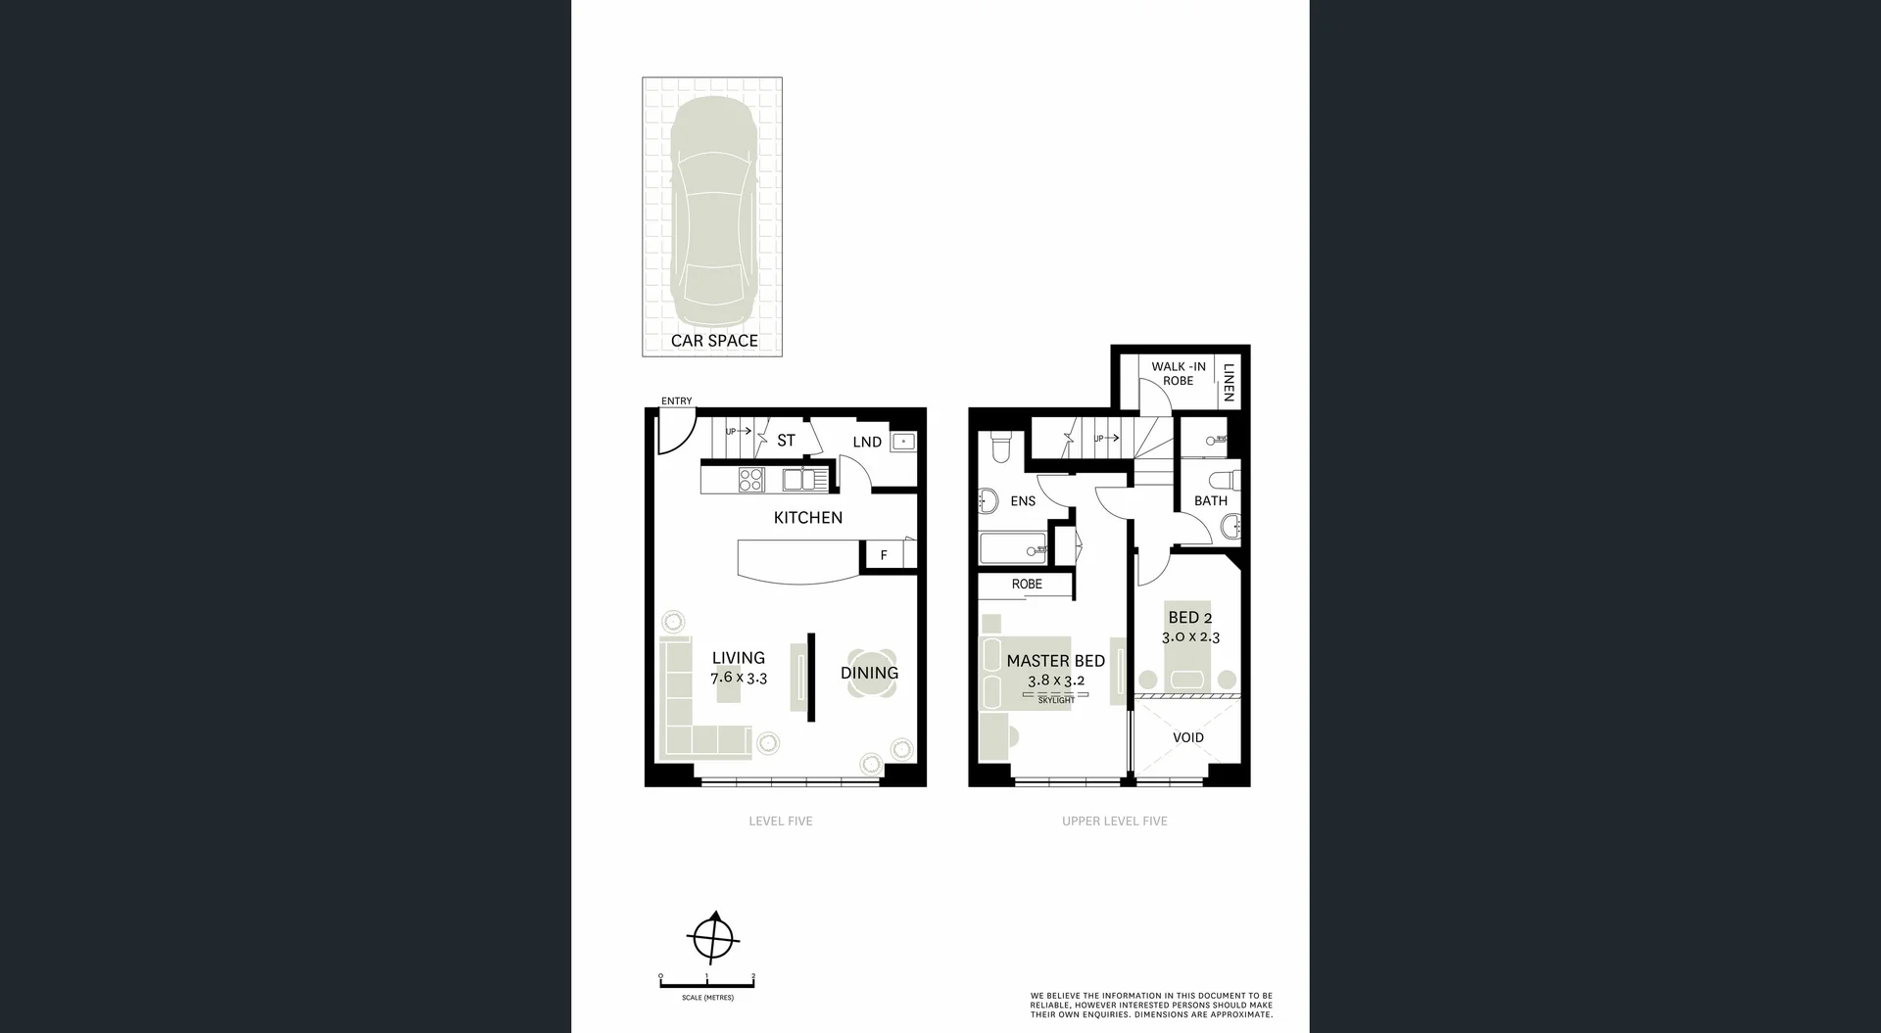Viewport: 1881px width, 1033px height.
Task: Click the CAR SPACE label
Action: (714, 341)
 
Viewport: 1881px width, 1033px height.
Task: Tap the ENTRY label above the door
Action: (676, 401)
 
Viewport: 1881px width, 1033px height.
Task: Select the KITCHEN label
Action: (807, 517)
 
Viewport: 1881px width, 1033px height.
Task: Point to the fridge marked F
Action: (884, 555)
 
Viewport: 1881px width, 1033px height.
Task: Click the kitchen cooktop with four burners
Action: (751, 480)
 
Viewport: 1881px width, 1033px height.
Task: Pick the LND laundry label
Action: (867, 442)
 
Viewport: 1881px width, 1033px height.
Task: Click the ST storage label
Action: (786, 441)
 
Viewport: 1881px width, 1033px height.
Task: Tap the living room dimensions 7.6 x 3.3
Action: (739, 678)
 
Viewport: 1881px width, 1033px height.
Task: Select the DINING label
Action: (869, 673)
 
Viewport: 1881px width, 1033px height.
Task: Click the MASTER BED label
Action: (1055, 661)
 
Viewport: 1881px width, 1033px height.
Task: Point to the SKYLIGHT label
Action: (1056, 700)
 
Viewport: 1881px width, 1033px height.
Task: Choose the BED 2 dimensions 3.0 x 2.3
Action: (1190, 637)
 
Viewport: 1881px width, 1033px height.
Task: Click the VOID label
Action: (1187, 737)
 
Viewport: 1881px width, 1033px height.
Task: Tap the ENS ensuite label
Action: (1023, 501)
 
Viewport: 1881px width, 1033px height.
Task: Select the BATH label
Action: (1211, 500)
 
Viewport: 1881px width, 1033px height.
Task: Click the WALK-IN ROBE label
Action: (1179, 373)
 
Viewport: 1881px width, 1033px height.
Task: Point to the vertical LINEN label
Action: (1229, 381)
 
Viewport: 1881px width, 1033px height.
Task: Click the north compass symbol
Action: (713, 939)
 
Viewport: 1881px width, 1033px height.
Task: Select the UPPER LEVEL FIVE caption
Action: (1114, 822)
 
